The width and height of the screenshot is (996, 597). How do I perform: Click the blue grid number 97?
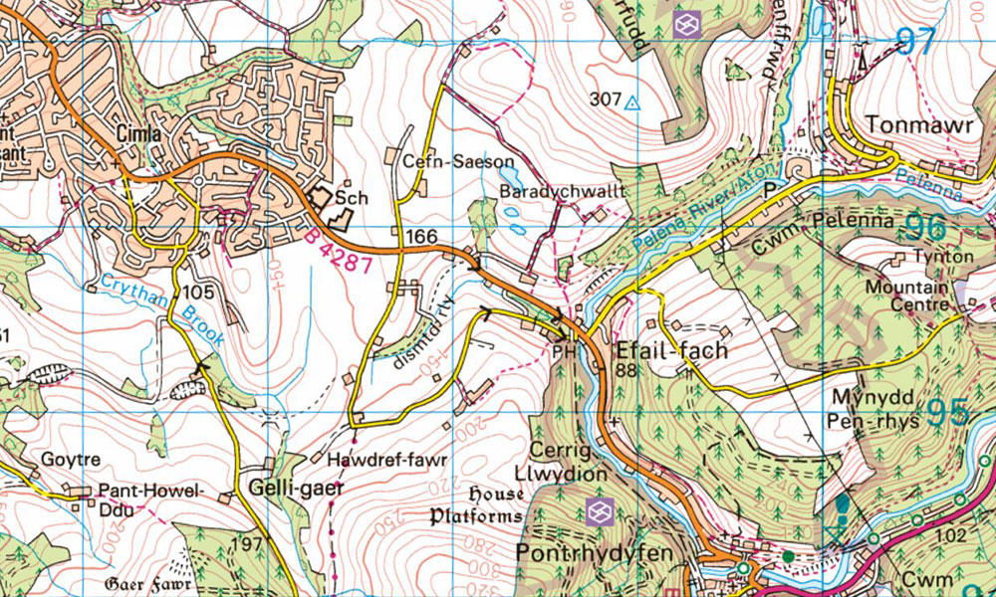(x=918, y=42)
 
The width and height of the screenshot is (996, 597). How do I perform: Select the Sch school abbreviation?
(x=352, y=198)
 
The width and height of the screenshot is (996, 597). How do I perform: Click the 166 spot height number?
(x=422, y=236)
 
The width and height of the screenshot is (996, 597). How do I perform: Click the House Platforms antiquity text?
(x=476, y=505)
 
